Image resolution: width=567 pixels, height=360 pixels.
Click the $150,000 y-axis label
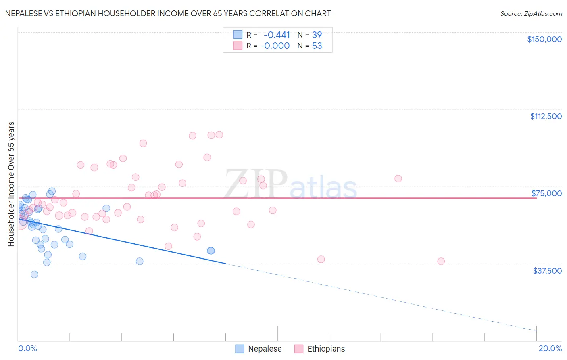click(x=544, y=39)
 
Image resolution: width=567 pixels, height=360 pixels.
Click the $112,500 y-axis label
click(x=546, y=116)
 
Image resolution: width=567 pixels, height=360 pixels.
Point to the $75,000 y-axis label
click(x=546, y=193)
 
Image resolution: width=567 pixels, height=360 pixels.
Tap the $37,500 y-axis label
click(x=547, y=271)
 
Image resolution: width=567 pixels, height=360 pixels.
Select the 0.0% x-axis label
click(x=27, y=349)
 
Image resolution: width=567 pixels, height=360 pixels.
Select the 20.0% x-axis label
click(x=550, y=349)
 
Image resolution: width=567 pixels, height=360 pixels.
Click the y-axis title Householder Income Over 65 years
click(x=11, y=184)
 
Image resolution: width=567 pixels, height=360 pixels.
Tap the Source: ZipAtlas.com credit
click(x=531, y=13)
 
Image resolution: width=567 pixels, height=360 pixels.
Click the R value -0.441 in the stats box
click(x=277, y=35)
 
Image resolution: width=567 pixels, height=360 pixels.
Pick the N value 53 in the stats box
click(x=317, y=46)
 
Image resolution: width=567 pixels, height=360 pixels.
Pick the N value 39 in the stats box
click(x=317, y=35)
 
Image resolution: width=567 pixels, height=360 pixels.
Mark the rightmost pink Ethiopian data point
click(x=441, y=261)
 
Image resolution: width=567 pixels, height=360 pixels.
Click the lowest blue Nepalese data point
click(x=34, y=274)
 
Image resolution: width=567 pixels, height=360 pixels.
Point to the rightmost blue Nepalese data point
click(x=211, y=251)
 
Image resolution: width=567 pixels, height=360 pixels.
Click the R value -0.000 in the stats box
click(x=275, y=46)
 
